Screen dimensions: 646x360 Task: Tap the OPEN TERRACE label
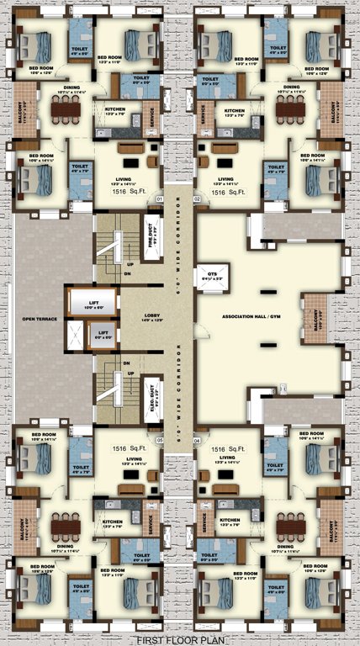[x=40, y=319]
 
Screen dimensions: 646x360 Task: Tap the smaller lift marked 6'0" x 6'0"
[x=103, y=336]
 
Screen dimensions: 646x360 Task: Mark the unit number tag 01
[x=158, y=199]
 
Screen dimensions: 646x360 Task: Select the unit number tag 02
[x=199, y=199]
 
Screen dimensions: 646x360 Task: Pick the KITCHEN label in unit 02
[x=235, y=111]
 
